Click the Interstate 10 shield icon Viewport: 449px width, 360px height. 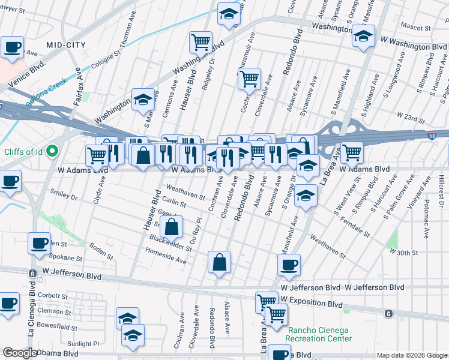click(x=432, y=137)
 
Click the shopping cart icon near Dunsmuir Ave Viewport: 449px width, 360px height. click(x=249, y=78)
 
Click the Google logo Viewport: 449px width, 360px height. click(x=20, y=353)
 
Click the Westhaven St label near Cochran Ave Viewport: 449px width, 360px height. click(x=185, y=192)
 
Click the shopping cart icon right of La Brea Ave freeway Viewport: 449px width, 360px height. click(x=351, y=152)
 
